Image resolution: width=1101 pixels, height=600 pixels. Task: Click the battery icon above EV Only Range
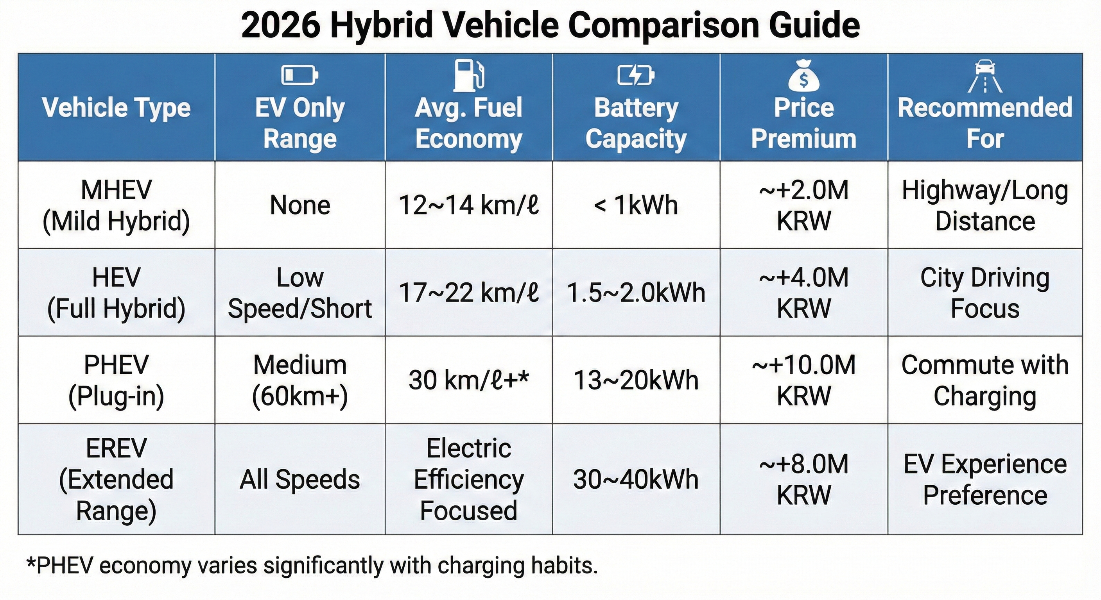[299, 76]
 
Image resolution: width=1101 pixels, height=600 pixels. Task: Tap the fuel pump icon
[469, 76]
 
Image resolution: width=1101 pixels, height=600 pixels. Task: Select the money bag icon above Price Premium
[803, 76]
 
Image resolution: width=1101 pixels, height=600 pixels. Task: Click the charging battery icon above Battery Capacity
[636, 76]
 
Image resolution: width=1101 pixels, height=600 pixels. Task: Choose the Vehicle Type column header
[116, 107]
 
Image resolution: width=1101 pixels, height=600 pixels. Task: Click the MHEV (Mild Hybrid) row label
[116, 205]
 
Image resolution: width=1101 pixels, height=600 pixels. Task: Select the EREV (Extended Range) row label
[116, 479]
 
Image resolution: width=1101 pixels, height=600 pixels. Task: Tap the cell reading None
[300, 205]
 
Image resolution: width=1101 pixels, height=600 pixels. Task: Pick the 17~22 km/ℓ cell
[469, 293]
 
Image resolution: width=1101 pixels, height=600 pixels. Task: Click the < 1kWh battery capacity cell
[636, 205]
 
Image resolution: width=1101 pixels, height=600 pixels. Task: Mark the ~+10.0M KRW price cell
[803, 380]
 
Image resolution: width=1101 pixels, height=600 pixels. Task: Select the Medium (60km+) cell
[300, 380]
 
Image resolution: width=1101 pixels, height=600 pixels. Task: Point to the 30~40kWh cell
[636, 479]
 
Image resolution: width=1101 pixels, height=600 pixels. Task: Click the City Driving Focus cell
[985, 293]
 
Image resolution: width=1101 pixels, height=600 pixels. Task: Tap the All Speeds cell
[300, 479]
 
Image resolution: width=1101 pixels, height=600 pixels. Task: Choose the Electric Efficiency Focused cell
[469, 479]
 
